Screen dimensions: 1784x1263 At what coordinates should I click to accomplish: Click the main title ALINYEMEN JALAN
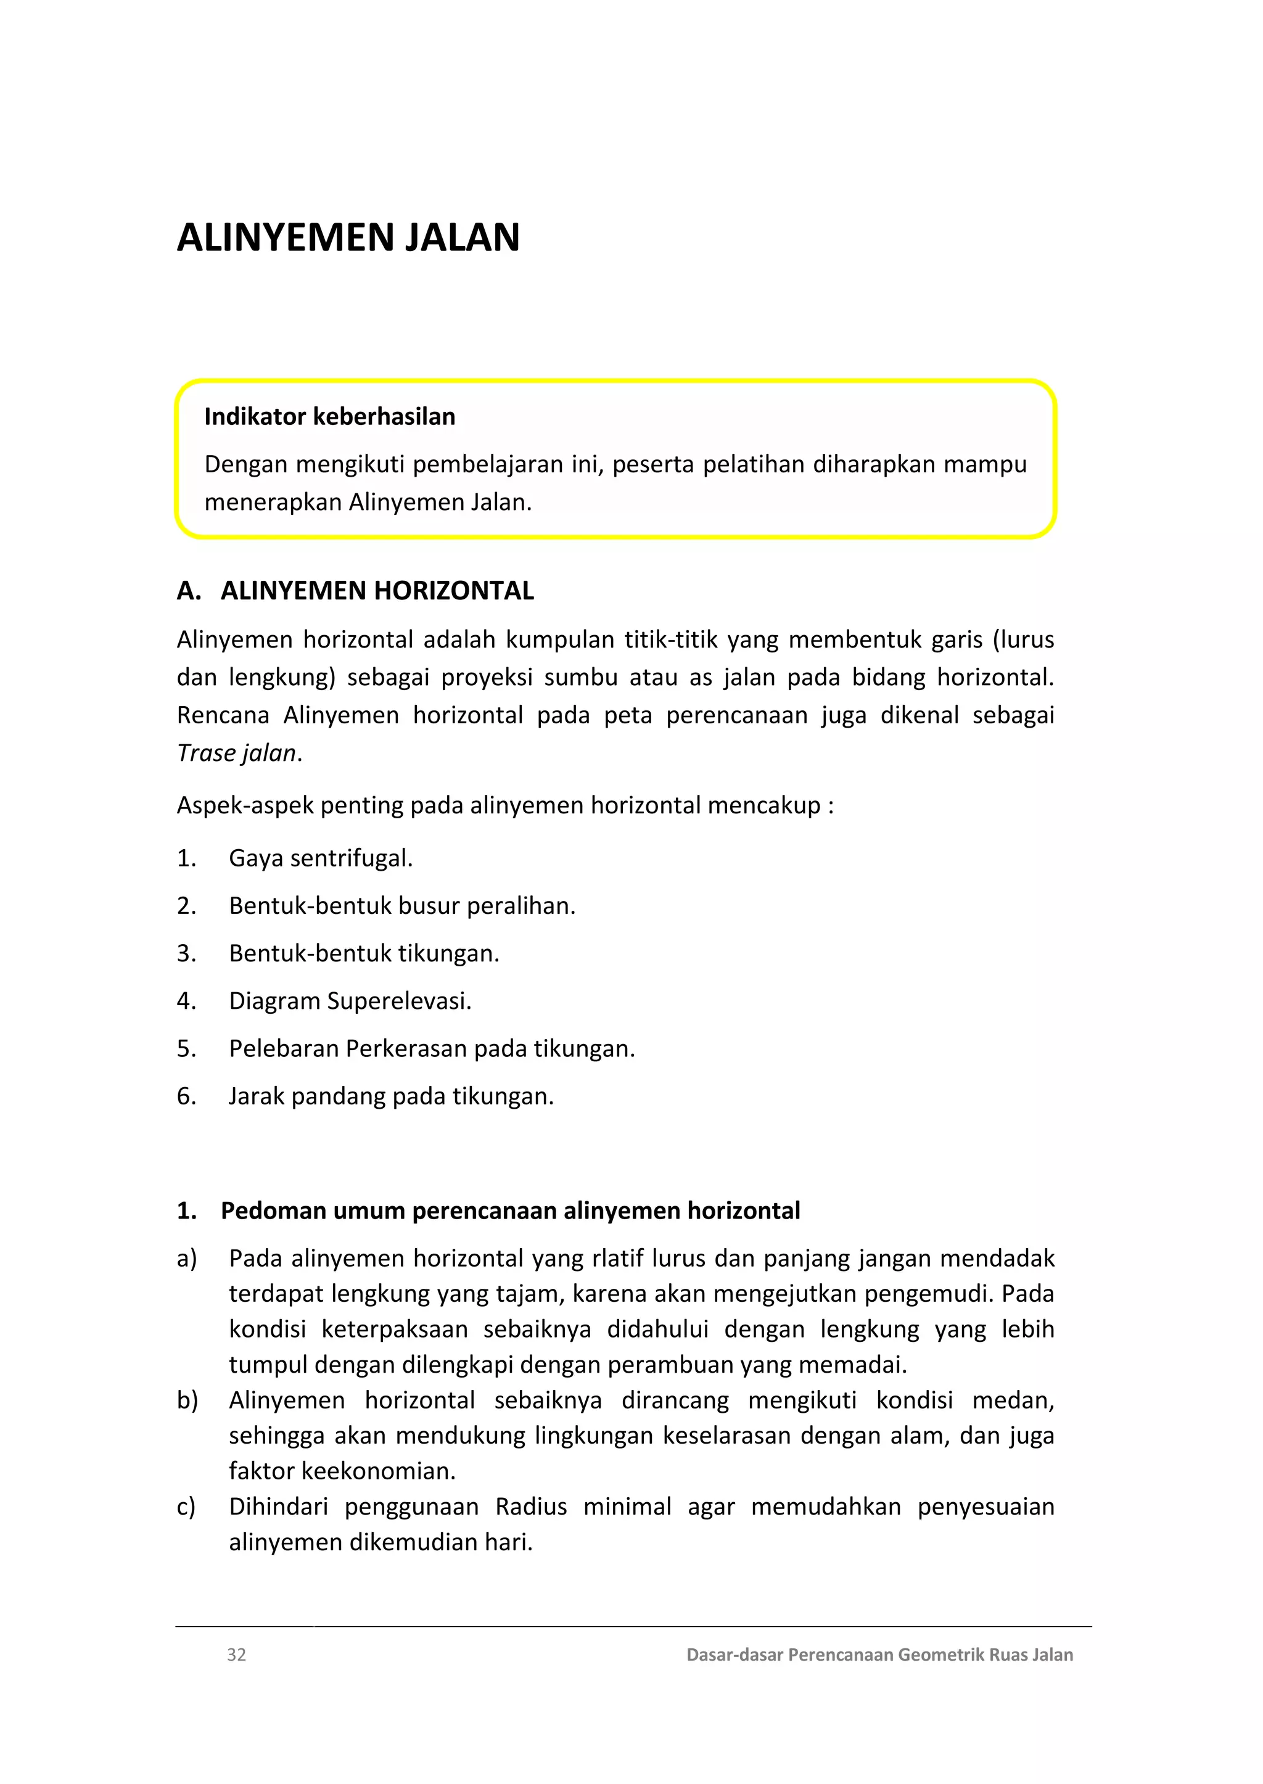(348, 238)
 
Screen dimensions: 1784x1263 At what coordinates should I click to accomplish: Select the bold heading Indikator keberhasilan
(330, 417)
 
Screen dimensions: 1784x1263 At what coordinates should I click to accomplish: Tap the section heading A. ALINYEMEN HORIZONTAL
(355, 591)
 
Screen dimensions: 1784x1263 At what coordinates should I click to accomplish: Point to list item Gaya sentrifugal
(321, 858)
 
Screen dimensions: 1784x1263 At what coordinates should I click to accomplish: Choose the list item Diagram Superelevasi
(350, 1001)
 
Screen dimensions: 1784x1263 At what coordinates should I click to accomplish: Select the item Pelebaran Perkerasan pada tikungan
(432, 1049)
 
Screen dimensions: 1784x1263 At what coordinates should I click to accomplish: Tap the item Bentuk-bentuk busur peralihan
(402, 906)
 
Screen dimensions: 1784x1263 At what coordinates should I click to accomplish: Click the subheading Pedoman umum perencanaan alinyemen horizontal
(510, 1211)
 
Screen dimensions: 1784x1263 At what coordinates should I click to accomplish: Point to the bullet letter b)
(187, 1400)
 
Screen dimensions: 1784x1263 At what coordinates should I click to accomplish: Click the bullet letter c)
(187, 1507)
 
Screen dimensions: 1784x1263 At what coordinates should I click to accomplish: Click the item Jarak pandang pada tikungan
(391, 1096)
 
